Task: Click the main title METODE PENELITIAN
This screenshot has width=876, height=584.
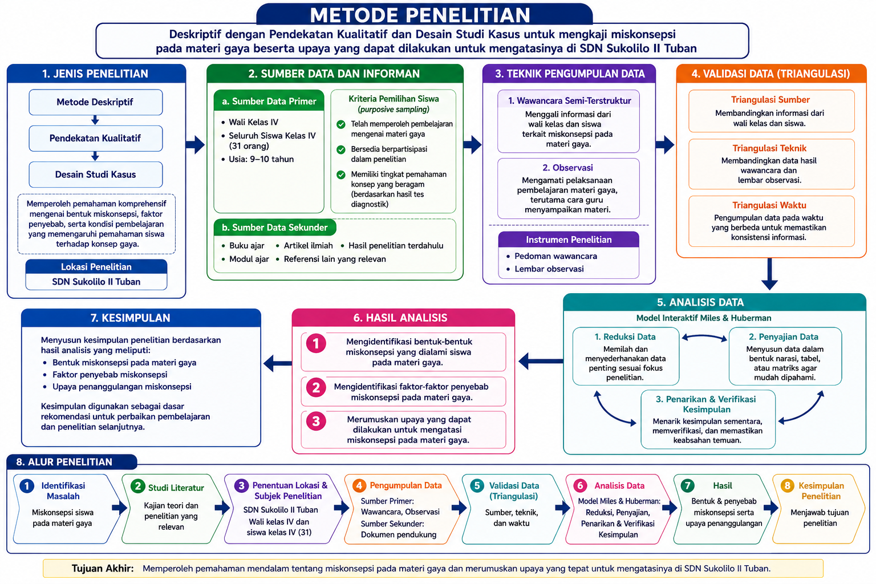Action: tap(420, 15)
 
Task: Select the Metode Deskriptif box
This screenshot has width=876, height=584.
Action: tap(95, 102)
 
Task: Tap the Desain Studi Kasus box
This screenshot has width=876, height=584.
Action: tap(95, 175)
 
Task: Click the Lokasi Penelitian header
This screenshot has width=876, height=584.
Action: tap(96, 267)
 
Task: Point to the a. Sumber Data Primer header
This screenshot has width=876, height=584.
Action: tap(269, 101)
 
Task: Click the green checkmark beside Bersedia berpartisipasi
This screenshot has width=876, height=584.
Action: tap(341, 149)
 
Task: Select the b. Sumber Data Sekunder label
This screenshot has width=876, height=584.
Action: tap(274, 227)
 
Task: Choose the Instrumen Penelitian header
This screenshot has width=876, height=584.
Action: tap(569, 240)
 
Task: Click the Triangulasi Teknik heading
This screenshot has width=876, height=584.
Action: tap(769, 148)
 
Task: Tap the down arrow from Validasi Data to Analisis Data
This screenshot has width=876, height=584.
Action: tap(769, 274)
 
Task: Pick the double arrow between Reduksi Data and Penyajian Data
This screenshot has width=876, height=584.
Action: tap(704, 338)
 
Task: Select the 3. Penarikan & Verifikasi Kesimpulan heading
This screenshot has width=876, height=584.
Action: tap(706, 404)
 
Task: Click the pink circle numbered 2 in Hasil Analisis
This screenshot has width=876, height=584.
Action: tap(316, 388)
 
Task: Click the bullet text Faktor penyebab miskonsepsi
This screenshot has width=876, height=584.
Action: tap(110, 374)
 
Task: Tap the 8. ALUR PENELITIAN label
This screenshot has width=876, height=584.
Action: tap(64, 462)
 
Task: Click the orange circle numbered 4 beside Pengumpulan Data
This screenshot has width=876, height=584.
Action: tap(359, 485)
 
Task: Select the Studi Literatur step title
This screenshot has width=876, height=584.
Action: tap(176, 488)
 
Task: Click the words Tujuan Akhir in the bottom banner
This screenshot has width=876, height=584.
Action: tap(103, 569)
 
